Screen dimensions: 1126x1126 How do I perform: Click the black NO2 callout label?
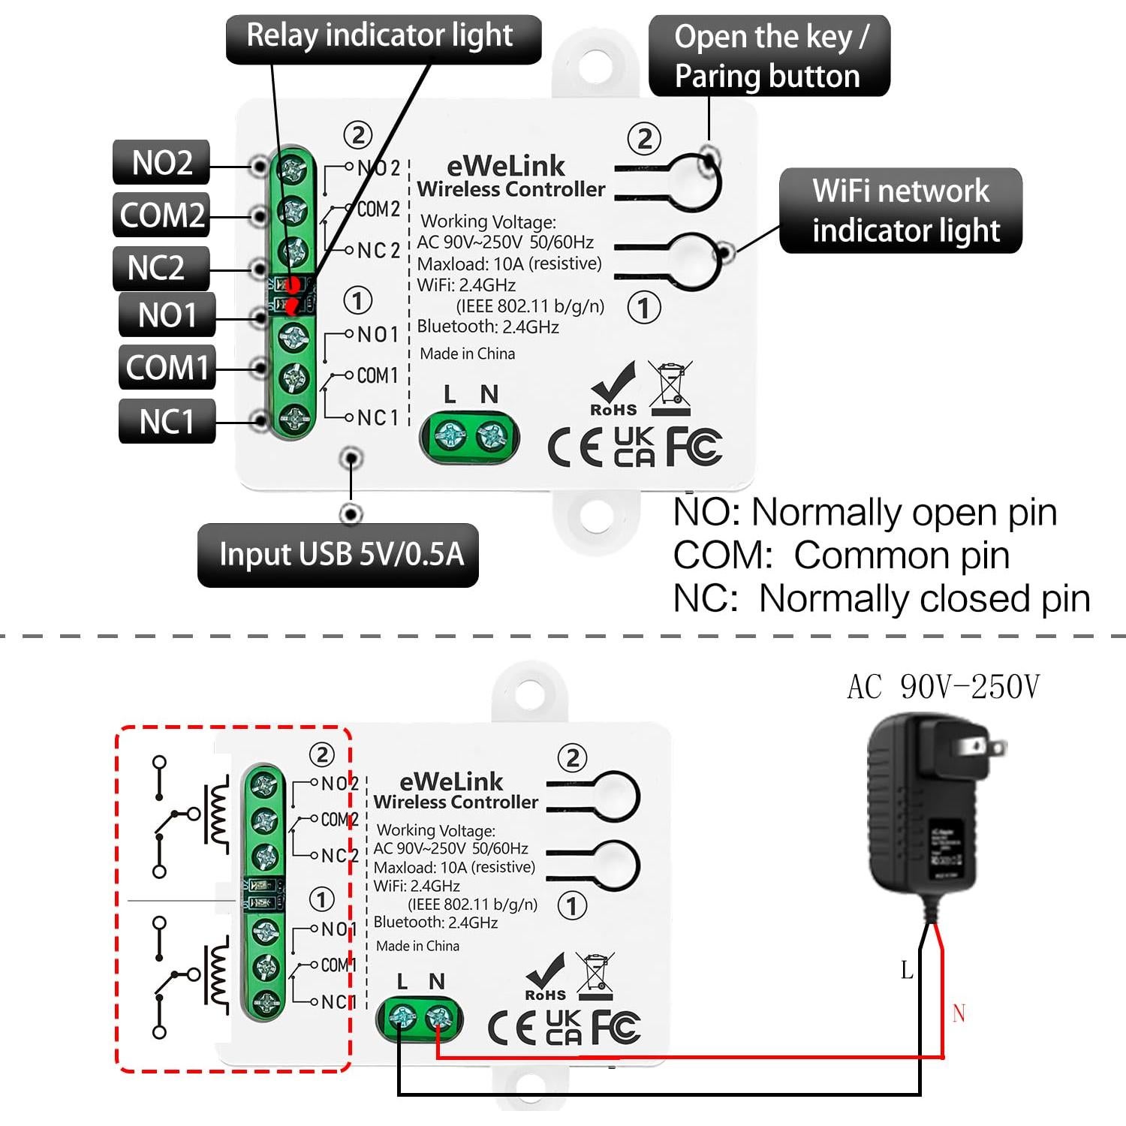click(x=161, y=162)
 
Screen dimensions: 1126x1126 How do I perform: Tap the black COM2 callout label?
click(x=161, y=215)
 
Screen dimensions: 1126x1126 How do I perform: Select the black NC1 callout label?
click(x=167, y=421)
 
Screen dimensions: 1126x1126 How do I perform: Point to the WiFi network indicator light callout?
click(x=901, y=211)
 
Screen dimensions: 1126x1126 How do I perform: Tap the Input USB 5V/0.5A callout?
click(x=338, y=555)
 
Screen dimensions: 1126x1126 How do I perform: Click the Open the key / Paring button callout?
click(x=769, y=56)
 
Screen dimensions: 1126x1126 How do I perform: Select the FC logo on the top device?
click(x=694, y=447)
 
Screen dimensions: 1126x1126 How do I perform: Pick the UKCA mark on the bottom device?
click(x=563, y=1027)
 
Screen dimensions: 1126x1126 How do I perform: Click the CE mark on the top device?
click(x=575, y=448)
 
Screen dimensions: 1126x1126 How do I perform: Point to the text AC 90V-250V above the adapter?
click(x=943, y=687)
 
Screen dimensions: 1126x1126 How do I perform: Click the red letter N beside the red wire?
click(x=959, y=1013)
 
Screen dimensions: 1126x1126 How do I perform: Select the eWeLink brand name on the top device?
click(x=506, y=166)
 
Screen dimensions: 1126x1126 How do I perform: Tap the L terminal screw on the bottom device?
click(x=402, y=1019)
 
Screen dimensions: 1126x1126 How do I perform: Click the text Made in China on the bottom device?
click(x=417, y=946)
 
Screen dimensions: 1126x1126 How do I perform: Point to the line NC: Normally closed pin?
click(x=881, y=599)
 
